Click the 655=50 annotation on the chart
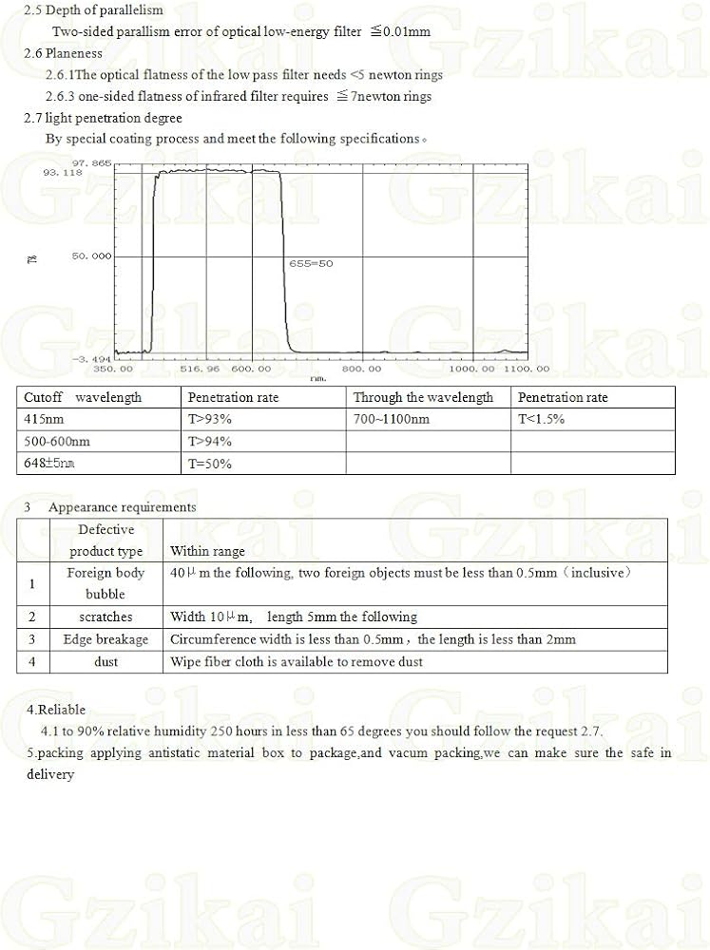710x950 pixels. click(311, 263)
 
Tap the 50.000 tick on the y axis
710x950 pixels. click(90, 256)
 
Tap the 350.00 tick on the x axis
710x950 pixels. click(112, 369)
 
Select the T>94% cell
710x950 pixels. click(209, 441)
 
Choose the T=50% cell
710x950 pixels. click(209, 464)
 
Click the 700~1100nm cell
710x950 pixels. click(391, 419)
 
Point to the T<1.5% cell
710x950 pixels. click(541, 419)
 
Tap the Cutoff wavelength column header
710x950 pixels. click(83, 397)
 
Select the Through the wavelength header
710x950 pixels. click(423, 397)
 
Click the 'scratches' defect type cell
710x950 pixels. click(106, 617)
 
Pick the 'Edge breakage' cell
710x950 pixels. click(106, 639)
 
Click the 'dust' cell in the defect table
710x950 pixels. click(106, 661)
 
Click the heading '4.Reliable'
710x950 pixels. click(56, 709)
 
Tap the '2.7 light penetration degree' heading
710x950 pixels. click(103, 118)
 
